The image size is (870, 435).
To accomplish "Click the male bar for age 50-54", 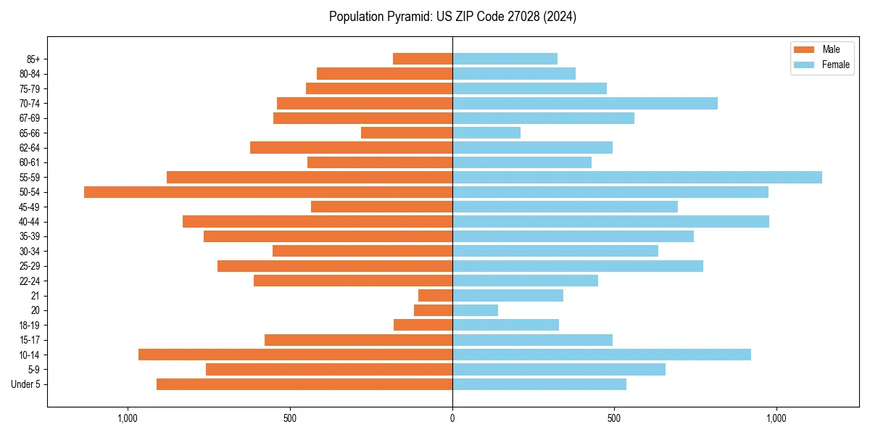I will (268, 192).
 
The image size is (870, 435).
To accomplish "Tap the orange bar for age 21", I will (435, 295).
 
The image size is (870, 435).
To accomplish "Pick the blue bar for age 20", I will (475, 310).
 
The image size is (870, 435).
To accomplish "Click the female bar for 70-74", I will (584, 103).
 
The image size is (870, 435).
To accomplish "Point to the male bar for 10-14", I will (295, 355).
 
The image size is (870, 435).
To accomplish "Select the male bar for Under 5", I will (304, 384).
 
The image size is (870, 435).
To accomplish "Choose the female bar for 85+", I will (505, 59).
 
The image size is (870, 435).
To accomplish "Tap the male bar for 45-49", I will (381, 207).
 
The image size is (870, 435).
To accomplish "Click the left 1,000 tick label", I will (128, 418).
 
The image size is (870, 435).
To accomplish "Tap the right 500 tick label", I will (614, 418).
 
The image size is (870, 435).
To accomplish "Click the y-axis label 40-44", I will (30, 222).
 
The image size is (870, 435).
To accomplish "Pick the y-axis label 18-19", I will (30, 325).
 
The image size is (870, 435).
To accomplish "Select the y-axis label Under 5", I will (26, 384).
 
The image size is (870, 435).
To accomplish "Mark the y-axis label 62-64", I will (30, 147).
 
